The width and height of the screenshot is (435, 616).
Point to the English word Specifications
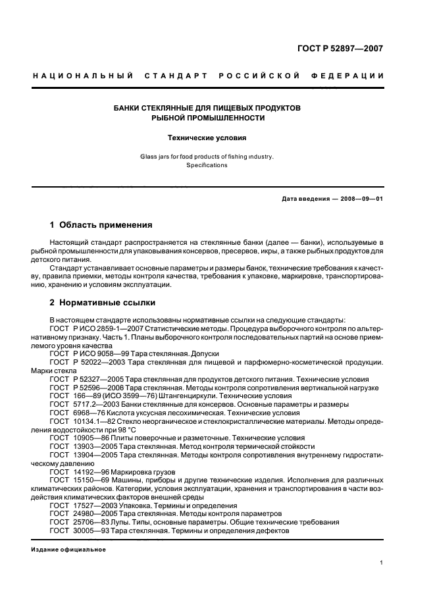[207, 165]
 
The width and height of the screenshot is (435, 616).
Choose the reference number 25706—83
[89, 521]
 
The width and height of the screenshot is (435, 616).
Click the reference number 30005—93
[89, 530]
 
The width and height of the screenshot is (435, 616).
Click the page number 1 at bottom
[382, 562]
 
